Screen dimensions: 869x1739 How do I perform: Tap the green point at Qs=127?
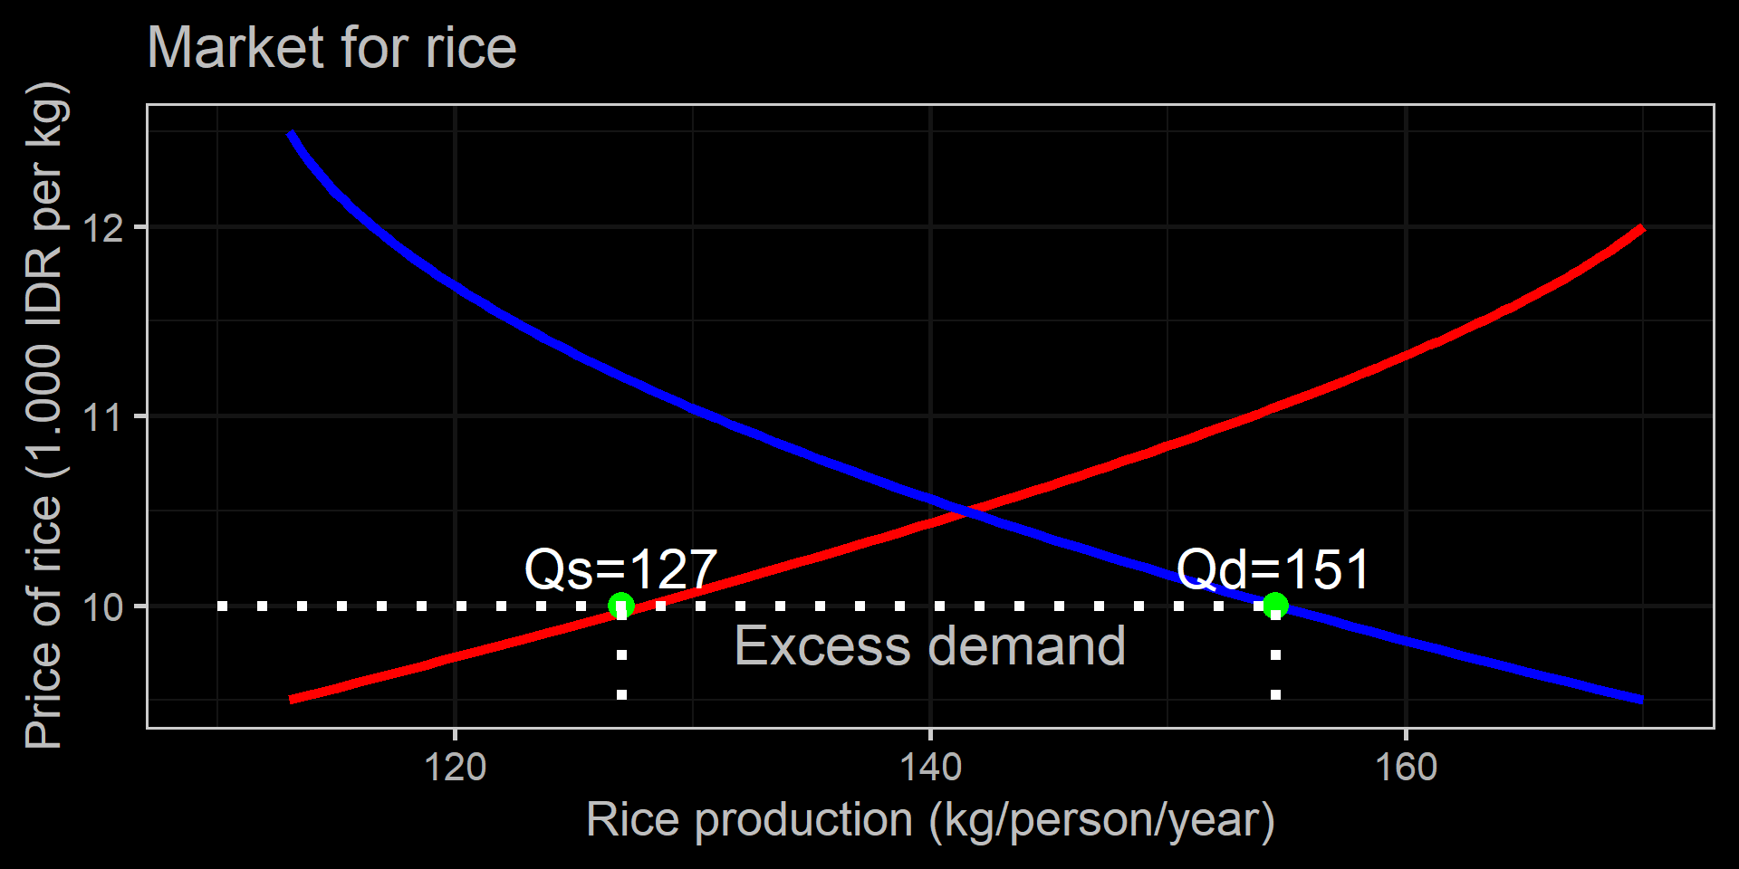pos(621,606)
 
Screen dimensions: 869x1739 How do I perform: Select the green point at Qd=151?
pos(1275,605)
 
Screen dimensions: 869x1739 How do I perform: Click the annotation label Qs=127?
pos(621,569)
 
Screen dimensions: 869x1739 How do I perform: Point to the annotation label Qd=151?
pos(1273,569)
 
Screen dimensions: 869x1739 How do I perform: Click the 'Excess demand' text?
pos(930,646)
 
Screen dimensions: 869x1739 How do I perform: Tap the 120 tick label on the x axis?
pos(455,768)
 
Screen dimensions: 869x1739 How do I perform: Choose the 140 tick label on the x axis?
pos(930,768)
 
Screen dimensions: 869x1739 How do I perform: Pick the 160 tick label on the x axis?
pos(1406,768)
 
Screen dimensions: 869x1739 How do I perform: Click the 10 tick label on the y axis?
pos(102,606)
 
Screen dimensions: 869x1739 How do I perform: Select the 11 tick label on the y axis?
pos(102,417)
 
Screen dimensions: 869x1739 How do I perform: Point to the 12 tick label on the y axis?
pos(102,228)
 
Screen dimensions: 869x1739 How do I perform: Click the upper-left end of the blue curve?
pos(291,135)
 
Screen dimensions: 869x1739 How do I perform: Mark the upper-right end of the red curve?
pos(1642,228)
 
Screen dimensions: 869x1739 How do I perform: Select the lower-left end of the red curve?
pos(291,700)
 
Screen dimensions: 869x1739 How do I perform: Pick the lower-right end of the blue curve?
pos(1642,700)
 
